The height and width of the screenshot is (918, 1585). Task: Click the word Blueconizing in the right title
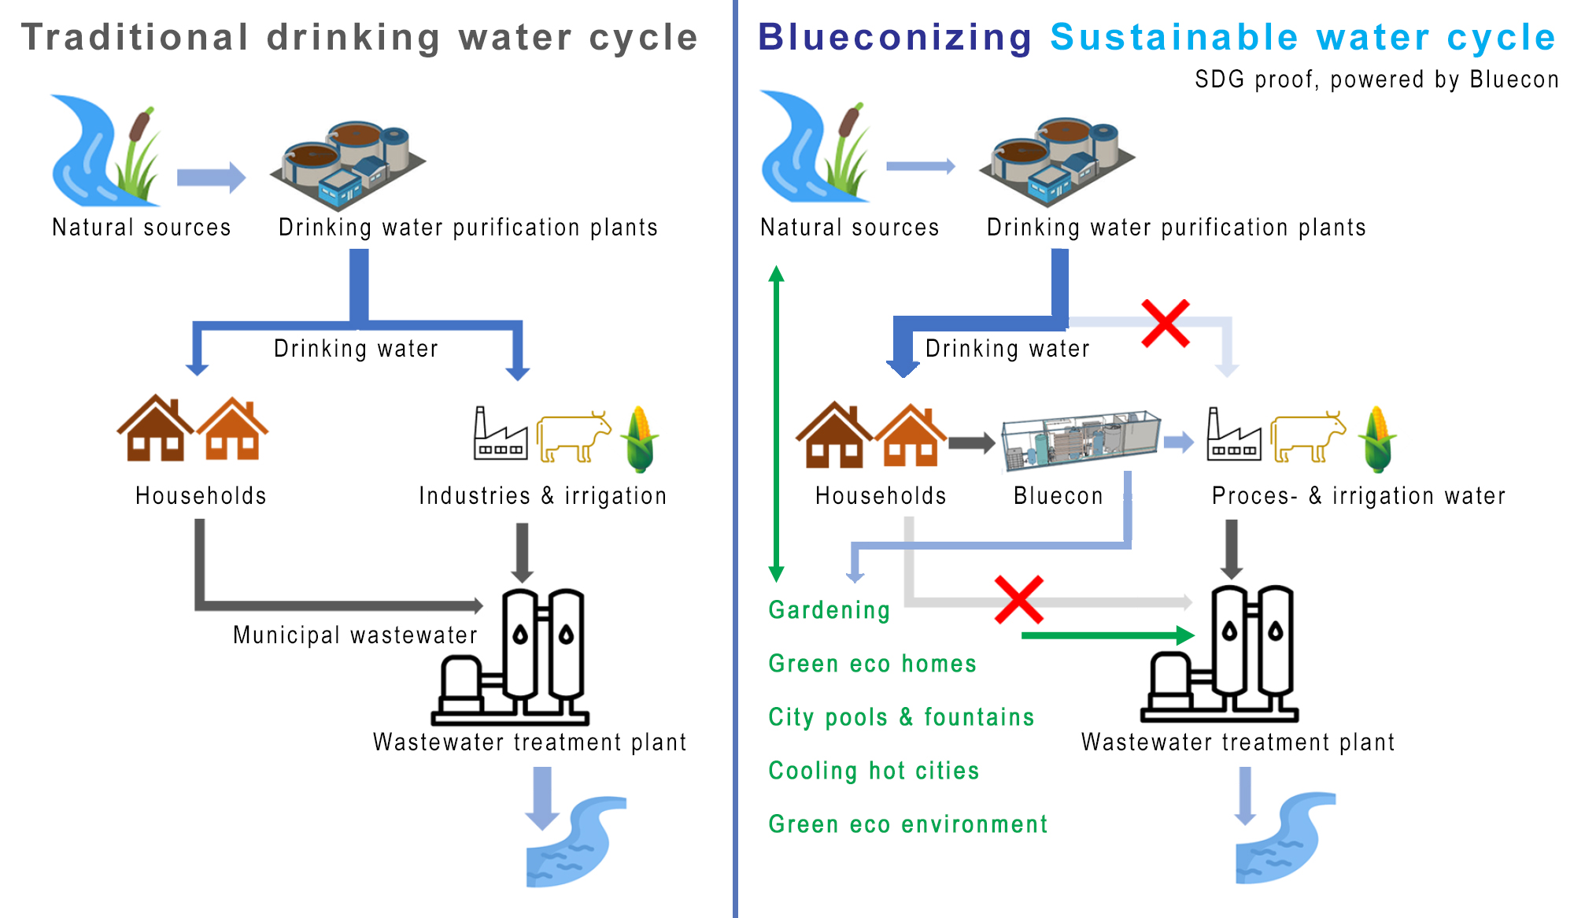895,38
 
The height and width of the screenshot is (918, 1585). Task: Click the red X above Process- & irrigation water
1166,323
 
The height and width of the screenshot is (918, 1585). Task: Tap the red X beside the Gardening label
1019,600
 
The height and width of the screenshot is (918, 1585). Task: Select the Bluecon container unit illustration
1081,440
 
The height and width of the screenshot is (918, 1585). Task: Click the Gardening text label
829,610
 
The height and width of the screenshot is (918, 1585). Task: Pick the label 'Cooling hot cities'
874,770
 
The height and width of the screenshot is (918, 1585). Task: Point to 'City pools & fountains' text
901,716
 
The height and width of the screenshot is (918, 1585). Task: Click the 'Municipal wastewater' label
355,635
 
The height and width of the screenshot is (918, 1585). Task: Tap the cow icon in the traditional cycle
574,436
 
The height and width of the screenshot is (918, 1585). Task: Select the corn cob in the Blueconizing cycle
1377,439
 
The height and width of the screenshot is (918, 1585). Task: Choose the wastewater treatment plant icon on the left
510,657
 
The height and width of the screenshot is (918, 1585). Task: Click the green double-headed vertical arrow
777,424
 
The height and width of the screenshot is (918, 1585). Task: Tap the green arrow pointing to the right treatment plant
1108,635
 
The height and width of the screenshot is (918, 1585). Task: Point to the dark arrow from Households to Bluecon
972,442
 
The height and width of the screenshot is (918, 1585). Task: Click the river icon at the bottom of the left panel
576,842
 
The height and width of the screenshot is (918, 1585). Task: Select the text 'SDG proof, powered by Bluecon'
1376,80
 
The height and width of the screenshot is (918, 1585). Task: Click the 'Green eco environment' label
908,824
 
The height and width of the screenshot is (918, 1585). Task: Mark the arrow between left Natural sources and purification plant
212,177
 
